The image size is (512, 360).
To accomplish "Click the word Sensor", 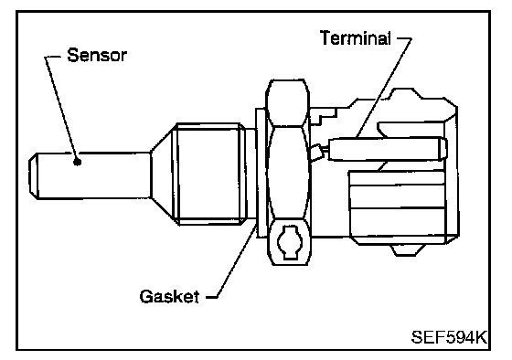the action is tap(97, 55).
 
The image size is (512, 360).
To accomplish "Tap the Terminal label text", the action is tap(356, 37).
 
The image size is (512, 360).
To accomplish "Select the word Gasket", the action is tap(169, 296).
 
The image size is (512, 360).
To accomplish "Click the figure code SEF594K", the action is tap(449, 337).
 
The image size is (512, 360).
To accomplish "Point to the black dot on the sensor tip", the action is tap(77, 162).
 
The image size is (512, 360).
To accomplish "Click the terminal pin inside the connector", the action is tap(388, 149).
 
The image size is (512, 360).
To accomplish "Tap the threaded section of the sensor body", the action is tap(210, 174).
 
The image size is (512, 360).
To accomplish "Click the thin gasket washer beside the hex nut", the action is tap(261, 173).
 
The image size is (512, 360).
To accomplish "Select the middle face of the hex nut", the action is tap(288, 173).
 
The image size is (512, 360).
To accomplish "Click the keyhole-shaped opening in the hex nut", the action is tap(289, 242).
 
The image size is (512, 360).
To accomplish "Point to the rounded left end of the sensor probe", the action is tap(33, 175).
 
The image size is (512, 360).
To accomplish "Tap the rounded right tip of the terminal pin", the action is tap(443, 149).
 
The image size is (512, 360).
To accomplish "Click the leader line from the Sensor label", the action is tap(60, 108).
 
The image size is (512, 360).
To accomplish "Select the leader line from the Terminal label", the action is tap(384, 87).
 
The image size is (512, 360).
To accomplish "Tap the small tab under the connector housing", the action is tap(408, 249).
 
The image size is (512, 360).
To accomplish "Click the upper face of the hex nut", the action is tap(287, 102).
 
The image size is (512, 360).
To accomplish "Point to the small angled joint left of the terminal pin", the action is tap(317, 152).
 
